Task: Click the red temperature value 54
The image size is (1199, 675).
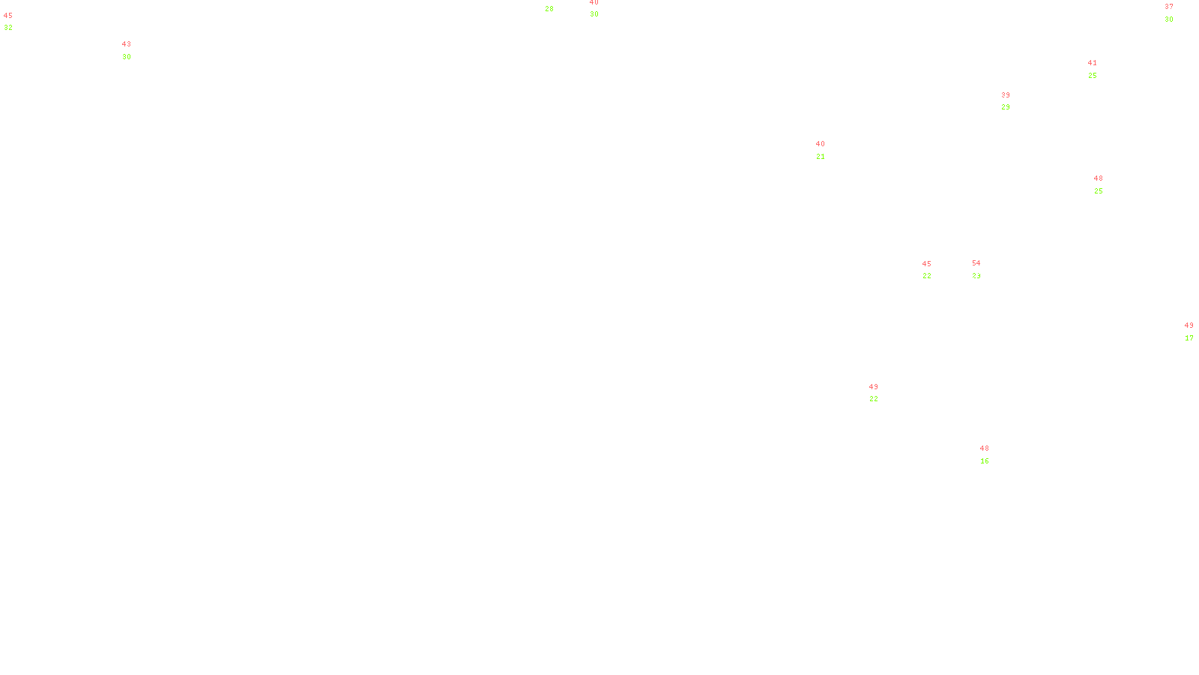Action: (x=976, y=263)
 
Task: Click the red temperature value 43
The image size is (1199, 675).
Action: (x=126, y=44)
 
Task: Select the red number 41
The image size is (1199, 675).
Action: (x=1092, y=63)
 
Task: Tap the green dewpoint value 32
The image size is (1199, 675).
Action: (x=8, y=28)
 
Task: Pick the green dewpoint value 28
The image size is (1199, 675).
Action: (x=549, y=9)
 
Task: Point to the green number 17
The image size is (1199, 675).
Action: (x=1189, y=338)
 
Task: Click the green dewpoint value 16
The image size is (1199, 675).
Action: (x=984, y=461)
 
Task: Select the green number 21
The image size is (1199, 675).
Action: (x=820, y=157)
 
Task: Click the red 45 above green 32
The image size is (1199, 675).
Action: (x=8, y=16)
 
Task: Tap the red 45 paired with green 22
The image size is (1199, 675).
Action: (x=926, y=264)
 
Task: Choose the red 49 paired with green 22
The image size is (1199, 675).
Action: (x=873, y=387)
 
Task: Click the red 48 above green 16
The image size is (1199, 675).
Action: (x=984, y=448)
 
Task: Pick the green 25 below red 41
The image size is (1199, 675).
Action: (x=1092, y=76)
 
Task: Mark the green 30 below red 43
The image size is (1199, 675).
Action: (x=126, y=57)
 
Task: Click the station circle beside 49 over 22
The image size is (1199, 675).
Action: (x=881, y=393)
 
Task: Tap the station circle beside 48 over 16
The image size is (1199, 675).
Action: (x=992, y=454)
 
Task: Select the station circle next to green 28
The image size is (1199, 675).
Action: (x=557, y=4)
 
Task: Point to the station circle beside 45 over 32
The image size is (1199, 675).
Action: (x=16, y=22)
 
